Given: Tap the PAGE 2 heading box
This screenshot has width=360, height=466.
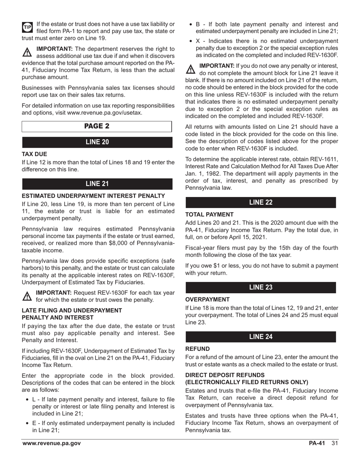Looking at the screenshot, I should pyautogui.click(x=97, y=126).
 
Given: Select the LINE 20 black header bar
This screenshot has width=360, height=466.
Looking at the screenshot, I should pyautogui.click(x=97, y=142).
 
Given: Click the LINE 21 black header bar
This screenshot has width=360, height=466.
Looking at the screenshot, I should pyautogui.click(x=97, y=184).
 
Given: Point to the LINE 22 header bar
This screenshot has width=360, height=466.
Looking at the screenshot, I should pyautogui.click(x=261, y=202).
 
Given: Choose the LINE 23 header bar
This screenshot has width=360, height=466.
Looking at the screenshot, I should pyautogui.click(x=261, y=287).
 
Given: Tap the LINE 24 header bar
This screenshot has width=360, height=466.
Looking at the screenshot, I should pyautogui.click(x=261, y=336).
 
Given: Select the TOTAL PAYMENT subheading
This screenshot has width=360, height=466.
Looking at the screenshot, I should pyautogui.click(x=210, y=214).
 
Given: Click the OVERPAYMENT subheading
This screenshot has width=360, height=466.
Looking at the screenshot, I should pyautogui.click(x=207, y=299).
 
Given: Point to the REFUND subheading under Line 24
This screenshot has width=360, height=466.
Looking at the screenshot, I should pyautogui.click(x=197, y=349).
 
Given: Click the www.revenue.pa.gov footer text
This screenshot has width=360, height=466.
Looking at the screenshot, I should pyautogui.click(x=52, y=443).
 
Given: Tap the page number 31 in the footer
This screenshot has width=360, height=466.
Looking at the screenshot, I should pyautogui.click(x=334, y=443).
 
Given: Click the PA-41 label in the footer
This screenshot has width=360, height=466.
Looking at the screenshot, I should pyautogui.click(x=317, y=443).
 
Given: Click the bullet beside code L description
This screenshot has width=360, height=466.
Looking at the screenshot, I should pyautogui.click(x=27, y=399).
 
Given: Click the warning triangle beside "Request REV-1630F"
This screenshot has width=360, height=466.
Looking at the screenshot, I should pyautogui.click(x=27, y=296).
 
